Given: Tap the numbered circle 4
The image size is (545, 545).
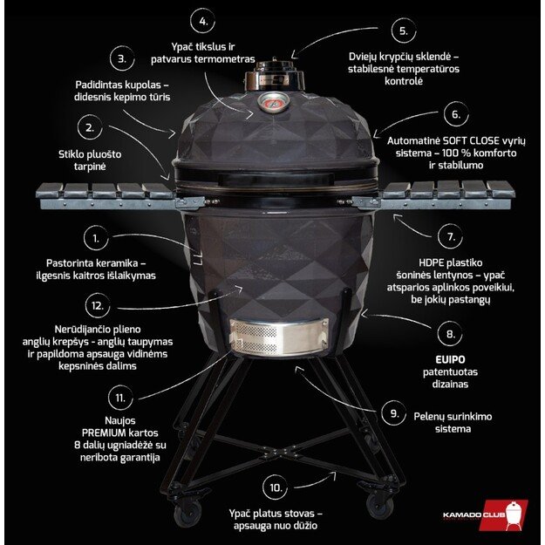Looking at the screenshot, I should [203, 21].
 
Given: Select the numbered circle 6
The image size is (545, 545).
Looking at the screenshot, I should [453, 114].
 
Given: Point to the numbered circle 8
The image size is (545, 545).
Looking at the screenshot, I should [450, 334].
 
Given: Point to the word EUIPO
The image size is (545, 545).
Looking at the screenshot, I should [450, 358].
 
